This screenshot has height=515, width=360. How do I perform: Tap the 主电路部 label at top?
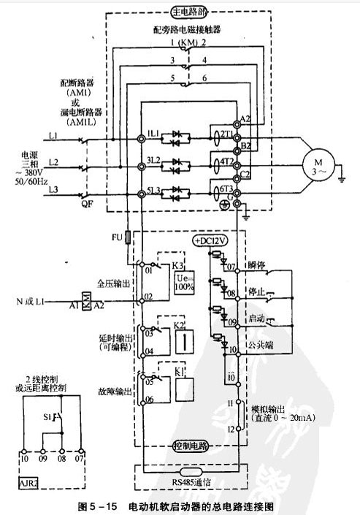pos(189,12)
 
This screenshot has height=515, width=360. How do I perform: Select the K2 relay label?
pos(179,324)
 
